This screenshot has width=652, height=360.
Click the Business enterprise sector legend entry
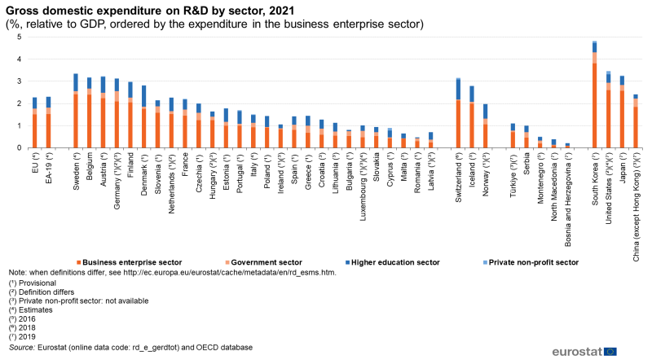click(130, 262)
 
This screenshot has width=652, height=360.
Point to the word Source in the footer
click(23, 348)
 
